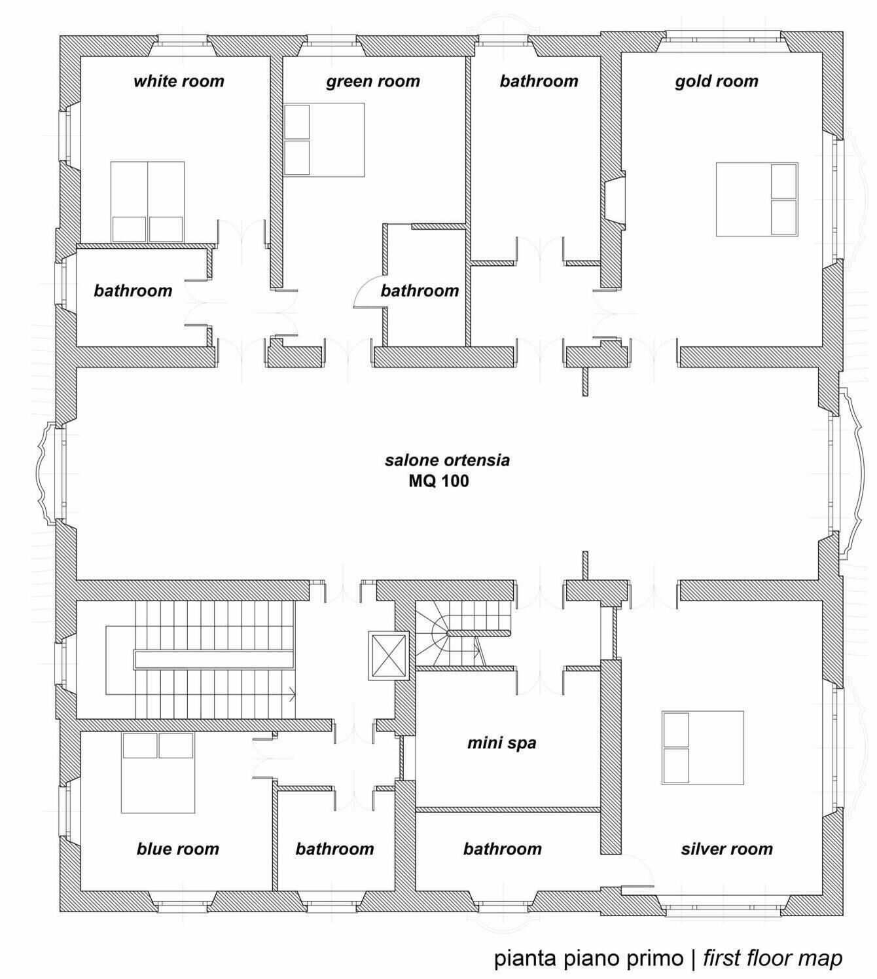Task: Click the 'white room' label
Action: [x=179, y=81]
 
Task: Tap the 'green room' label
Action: [x=373, y=81]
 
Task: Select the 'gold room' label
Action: [x=717, y=81]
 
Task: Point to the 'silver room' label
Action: [x=727, y=849]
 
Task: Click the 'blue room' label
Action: [x=178, y=849]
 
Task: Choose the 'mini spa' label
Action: [x=502, y=743]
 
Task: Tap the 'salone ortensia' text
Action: [x=447, y=460]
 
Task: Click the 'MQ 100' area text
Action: [x=438, y=481]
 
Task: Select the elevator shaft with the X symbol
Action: [x=388, y=656]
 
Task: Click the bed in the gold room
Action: [x=757, y=200]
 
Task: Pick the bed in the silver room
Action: [x=703, y=748]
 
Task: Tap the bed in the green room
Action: [x=324, y=139]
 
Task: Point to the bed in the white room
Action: [x=147, y=202]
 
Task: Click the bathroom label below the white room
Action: [x=133, y=291]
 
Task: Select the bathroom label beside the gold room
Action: [x=539, y=81]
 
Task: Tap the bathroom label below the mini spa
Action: [x=502, y=849]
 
